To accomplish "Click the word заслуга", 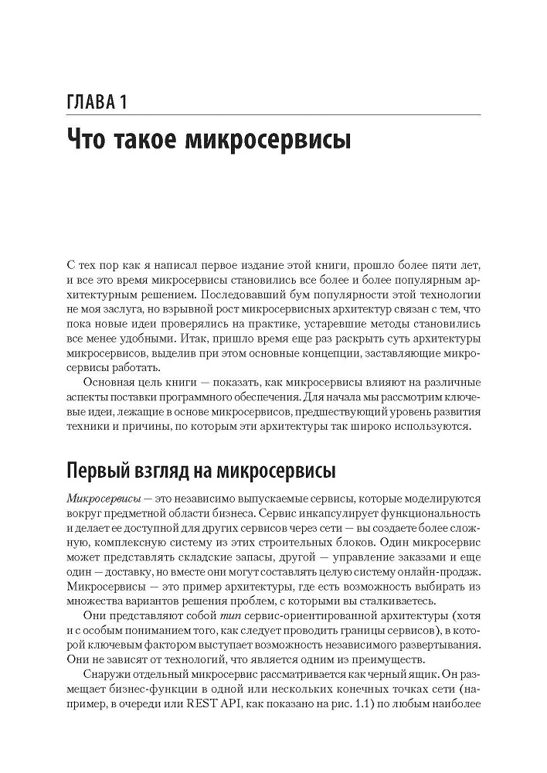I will point(124,313).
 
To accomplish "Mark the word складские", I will point(211,562).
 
